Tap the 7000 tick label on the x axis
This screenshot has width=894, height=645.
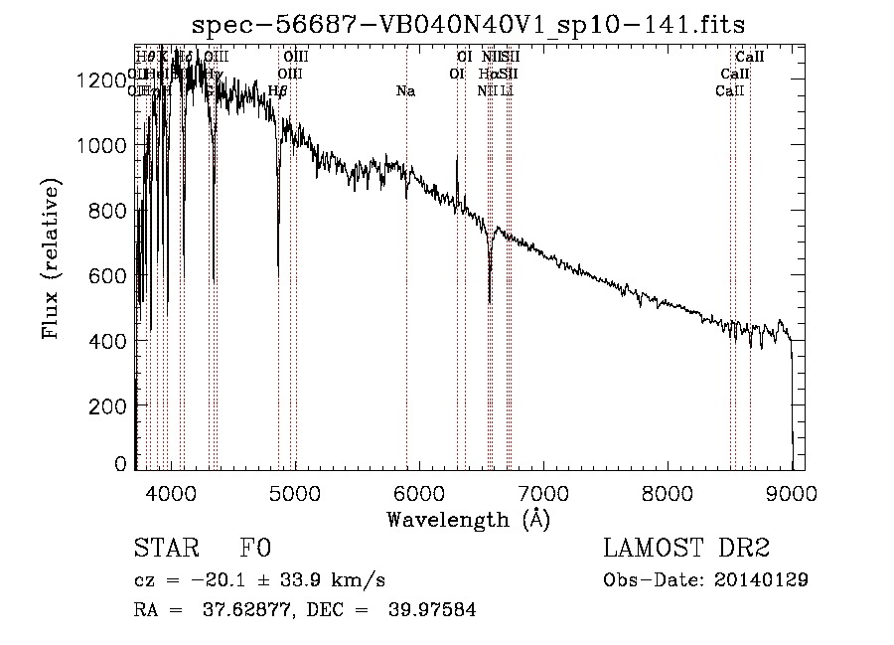(x=543, y=492)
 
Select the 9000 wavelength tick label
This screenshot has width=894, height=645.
(x=792, y=492)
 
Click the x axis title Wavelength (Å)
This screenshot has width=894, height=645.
(x=468, y=518)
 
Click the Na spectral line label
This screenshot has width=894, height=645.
(x=405, y=91)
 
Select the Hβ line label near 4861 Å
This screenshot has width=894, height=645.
(x=278, y=91)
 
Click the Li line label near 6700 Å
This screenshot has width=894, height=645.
(x=507, y=91)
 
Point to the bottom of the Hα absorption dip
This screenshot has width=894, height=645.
(x=490, y=300)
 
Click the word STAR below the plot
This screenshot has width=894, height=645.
(x=164, y=548)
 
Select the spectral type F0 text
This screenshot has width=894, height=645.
(x=255, y=548)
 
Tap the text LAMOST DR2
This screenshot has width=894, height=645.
(x=686, y=548)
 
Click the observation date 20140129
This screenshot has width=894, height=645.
(x=762, y=580)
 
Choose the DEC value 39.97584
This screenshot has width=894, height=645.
(x=433, y=610)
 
